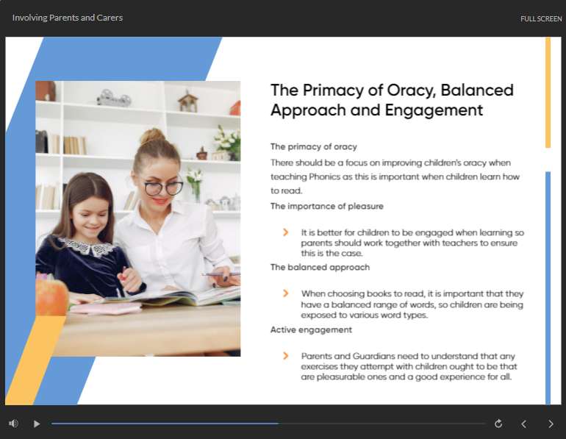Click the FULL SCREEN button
click(541, 19)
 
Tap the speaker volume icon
click(13, 423)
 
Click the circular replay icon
click(498, 424)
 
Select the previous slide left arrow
click(524, 424)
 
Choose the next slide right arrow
click(551, 424)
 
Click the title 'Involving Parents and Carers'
click(68, 18)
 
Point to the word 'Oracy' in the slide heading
click(411, 90)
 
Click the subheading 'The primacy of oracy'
click(314, 146)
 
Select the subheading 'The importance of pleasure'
click(327, 206)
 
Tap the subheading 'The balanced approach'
click(320, 267)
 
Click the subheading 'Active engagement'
click(311, 329)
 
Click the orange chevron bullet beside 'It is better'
click(285, 232)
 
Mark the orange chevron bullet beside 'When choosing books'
click(285, 293)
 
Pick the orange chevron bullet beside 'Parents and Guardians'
click(285, 356)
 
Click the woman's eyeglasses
click(163, 188)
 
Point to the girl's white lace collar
click(88, 247)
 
